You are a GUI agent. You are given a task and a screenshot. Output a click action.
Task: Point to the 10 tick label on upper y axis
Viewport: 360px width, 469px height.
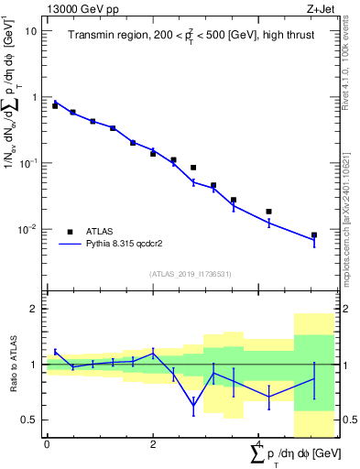[30, 30]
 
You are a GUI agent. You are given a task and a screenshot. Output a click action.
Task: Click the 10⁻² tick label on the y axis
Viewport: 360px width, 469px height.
[27, 229]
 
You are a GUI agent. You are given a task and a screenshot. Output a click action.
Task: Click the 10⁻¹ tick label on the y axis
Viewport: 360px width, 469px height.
[27, 163]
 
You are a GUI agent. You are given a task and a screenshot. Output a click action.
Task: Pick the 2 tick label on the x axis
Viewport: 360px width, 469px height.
[153, 445]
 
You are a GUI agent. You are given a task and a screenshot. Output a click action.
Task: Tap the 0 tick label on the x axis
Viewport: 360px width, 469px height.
[47, 445]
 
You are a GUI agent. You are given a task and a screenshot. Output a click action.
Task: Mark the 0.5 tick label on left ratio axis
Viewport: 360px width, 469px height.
[28, 420]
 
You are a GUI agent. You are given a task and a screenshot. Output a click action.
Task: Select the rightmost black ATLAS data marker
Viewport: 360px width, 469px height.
[314, 235]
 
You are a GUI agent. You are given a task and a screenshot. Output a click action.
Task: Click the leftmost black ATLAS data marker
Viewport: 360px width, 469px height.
[55, 106]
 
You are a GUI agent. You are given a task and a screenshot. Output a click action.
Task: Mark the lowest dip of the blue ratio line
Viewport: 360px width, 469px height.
[193, 405]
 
